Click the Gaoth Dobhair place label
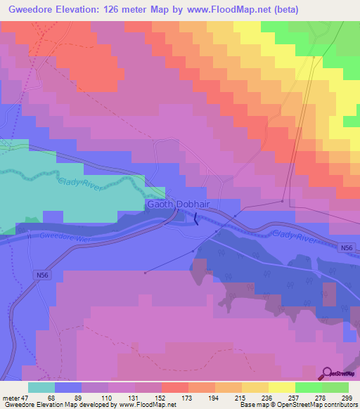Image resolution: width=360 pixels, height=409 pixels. pos(179,204)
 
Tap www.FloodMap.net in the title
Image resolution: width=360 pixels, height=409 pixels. pos(237,10)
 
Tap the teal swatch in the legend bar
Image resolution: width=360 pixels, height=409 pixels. pos(41,387)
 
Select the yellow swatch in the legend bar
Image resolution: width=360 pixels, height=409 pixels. pos(282,387)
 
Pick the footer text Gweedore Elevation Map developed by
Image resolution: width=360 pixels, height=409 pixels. pos(60,405)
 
